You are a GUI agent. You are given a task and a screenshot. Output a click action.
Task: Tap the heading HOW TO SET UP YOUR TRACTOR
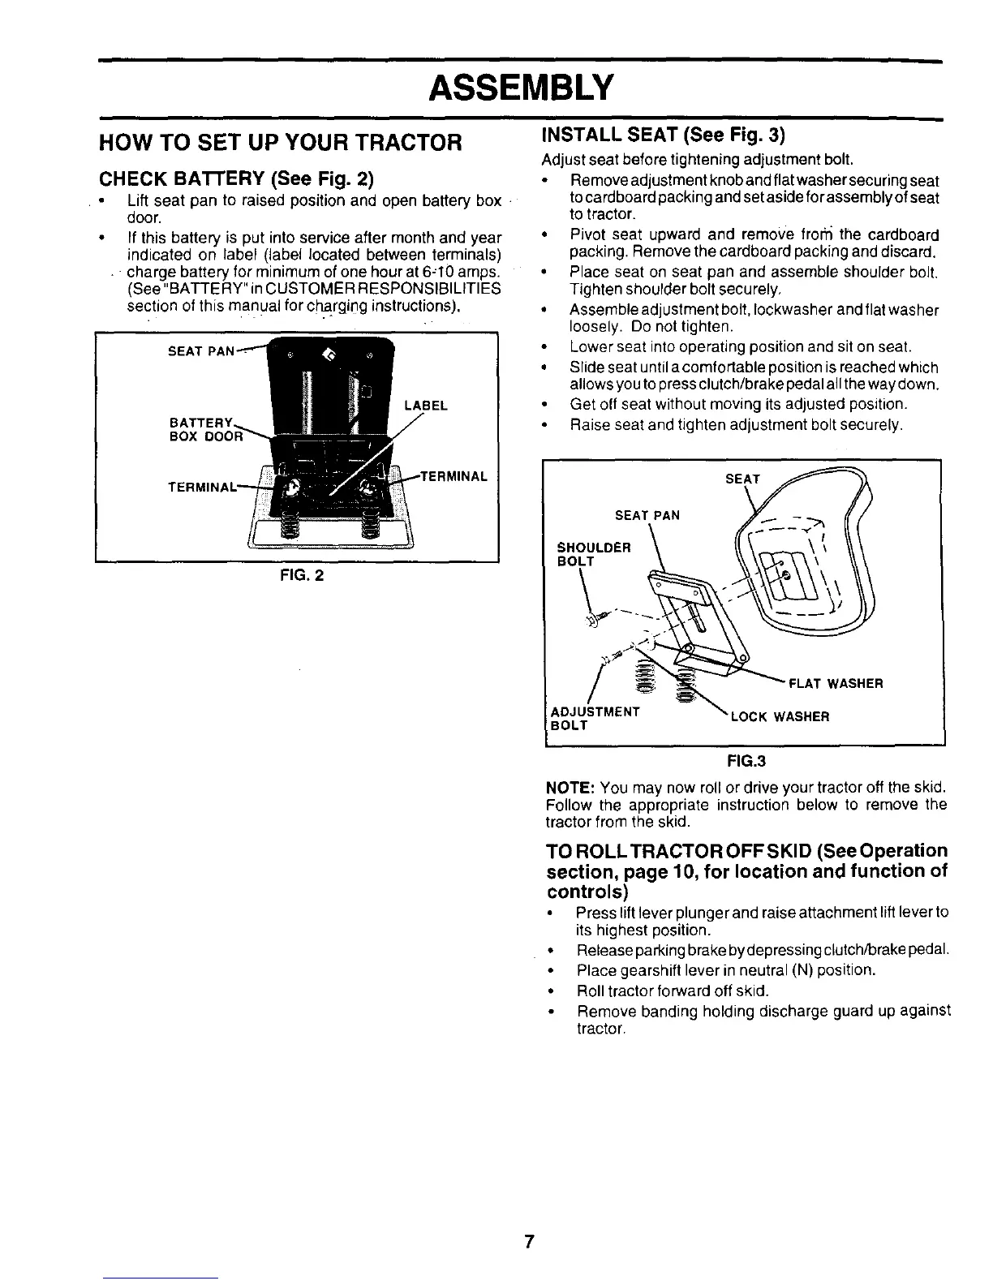point(280,143)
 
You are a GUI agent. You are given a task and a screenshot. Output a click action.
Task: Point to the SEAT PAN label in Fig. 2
point(200,351)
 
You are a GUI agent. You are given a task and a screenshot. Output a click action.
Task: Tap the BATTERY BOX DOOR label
point(205,429)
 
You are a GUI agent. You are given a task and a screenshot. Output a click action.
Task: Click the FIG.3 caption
point(746,761)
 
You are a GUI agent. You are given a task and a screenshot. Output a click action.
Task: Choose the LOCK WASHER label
point(780,717)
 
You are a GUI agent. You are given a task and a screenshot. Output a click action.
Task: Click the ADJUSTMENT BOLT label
point(595,718)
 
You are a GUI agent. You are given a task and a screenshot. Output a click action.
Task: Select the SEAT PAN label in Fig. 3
point(647,515)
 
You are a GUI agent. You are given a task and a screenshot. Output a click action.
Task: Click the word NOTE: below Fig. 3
point(572,787)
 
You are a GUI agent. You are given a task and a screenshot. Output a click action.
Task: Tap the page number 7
point(528,1241)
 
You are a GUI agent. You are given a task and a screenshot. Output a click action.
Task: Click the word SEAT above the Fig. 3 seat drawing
point(742,479)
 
